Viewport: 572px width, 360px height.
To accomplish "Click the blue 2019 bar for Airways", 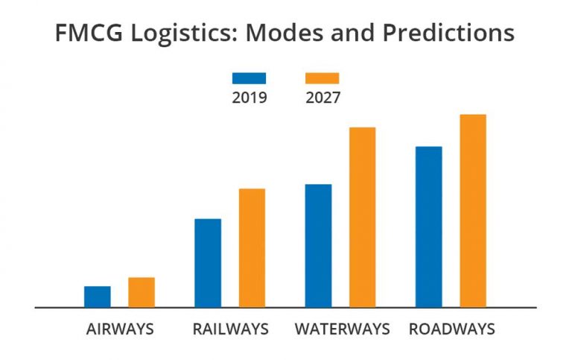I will point(97,297).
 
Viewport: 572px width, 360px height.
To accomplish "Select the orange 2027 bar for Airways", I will point(141,292).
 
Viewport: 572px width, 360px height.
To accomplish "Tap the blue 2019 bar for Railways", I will point(207,262).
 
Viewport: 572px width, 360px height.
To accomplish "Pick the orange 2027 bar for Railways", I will point(252,247).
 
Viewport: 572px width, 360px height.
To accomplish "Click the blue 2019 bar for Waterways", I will point(318,245).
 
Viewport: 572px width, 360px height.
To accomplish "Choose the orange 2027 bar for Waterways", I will point(362,217).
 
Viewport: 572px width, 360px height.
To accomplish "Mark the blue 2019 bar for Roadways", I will point(428,227).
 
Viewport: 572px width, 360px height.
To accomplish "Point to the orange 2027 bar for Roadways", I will point(472,210).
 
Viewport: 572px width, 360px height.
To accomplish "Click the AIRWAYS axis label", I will point(119,329).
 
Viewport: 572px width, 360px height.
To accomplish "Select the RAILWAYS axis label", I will point(230,329).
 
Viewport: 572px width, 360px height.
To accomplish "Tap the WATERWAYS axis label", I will point(342,329).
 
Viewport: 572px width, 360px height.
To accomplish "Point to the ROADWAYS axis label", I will point(451,329).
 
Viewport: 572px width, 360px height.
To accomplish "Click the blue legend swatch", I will point(249,78).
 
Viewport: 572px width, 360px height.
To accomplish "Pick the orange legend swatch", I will point(322,78).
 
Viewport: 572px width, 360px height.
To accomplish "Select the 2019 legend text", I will point(249,98).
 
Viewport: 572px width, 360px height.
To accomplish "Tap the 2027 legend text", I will point(322,98).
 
